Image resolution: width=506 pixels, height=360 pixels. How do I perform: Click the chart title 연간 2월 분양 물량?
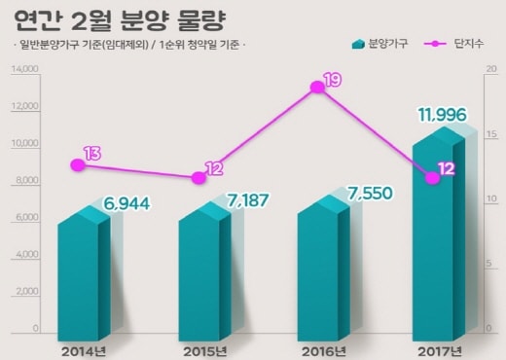[x=120, y=20]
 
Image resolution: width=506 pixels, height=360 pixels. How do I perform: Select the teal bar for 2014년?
[x=84, y=273]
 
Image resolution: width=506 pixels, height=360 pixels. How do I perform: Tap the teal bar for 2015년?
[x=204, y=271]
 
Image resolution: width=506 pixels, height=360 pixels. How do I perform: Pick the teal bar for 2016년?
[x=324, y=268]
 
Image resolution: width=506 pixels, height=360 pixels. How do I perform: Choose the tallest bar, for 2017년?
[x=439, y=234]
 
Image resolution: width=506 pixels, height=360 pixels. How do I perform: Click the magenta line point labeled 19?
[x=317, y=87]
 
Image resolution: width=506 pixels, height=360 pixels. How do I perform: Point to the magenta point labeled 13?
[x=78, y=165]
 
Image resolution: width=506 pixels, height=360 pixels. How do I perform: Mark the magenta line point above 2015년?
[x=199, y=178]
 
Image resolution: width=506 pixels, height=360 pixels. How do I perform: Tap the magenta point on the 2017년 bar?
[x=432, y=178]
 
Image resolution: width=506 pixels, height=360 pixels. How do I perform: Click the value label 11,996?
[x=443, y=115]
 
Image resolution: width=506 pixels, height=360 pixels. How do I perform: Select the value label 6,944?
[x=126, y=203]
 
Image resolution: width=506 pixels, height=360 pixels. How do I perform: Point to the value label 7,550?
[x=370, y=194]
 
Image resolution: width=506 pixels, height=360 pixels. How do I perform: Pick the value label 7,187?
[x=247, y=200]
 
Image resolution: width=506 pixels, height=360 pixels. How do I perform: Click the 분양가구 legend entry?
[x=379, y=44]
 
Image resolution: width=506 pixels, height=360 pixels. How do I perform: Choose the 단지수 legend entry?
[x=453, y=44]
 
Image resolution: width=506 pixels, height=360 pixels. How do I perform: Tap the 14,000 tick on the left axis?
[x=24, y=69]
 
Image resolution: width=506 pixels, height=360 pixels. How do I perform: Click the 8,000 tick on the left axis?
[x=26, y=180]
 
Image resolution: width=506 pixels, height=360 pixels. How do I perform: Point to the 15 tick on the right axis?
[x=491, y=134]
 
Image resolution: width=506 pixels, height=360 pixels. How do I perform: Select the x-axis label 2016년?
[x=323, y=352]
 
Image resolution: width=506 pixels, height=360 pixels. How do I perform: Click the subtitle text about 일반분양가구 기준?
[x=129, y=45]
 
